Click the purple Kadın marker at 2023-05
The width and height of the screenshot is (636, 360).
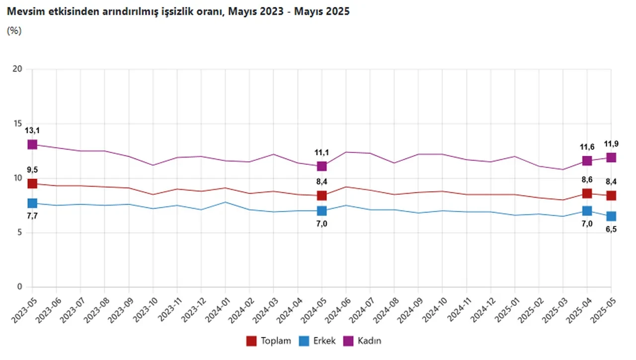pyautogui.click(x=32, y=144)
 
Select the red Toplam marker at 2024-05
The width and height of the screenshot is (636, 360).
pyautogui.click(x=321, y=196)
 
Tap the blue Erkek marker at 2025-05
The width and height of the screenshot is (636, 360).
pyautogui.click(x=611, y=216)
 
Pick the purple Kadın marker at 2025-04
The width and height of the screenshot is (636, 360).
pyautogui.click(x=587, y=161)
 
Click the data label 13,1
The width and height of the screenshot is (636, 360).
pyautogui.click(x=32, y=131)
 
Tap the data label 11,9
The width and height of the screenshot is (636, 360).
pyautogui.click(x=611, y=144)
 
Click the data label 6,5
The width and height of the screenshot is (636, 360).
pyautogui.click(x=611, y=229)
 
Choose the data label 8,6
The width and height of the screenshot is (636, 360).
pyautogui.click(x=587, y=180)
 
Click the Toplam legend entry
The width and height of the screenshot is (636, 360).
pyautogui.click(x=268, y=341)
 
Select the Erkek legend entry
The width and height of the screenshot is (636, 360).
pyautogui.click(x=318, y=341)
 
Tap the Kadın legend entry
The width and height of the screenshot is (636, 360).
pyautogui.click(x=363, y=341)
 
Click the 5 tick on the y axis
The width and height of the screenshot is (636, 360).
pyautogui.click(x=19, y=232)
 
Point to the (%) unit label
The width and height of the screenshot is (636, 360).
pyautogui.click(x=14, y=30)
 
